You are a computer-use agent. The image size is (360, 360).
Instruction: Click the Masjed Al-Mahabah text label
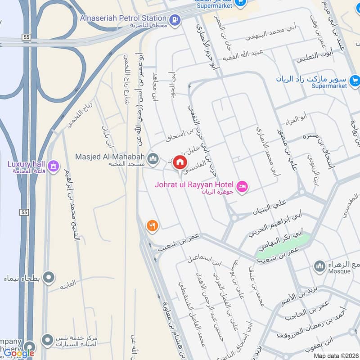110,157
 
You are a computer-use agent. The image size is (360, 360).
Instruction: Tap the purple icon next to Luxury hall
54,166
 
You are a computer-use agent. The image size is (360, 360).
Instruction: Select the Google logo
19,353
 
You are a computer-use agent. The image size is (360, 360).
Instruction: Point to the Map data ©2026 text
336,356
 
